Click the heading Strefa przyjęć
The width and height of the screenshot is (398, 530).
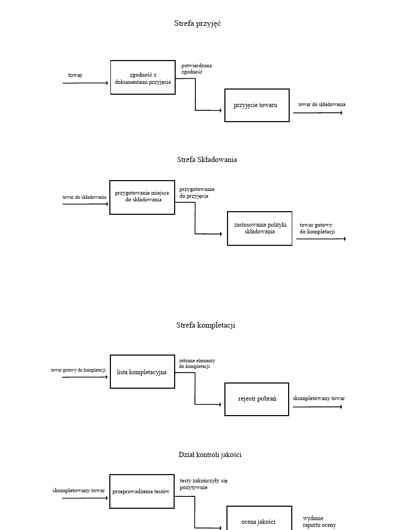(x=197, y=23)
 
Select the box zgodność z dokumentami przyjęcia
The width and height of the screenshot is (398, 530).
(x=143, y=78)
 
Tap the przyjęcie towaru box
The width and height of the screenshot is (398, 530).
(x=257, y=105)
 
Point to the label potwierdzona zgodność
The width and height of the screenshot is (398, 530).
(x=196, y=69)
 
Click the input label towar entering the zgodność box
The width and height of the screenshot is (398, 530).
(x=75, y=76)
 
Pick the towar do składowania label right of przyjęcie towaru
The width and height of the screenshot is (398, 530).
(x=321, y=105)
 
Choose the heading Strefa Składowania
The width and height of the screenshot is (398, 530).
(x=207, y=159)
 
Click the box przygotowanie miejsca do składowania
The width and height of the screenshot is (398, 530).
(x=142, y=197)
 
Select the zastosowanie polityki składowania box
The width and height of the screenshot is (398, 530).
(x=260, y=228)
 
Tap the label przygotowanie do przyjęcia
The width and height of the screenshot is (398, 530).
(x=196, y=193)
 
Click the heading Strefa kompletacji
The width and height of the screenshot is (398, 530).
(x=205, y=325)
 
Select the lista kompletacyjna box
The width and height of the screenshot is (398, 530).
(x=142, y=372)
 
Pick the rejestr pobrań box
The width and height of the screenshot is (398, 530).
(x=257, y=399)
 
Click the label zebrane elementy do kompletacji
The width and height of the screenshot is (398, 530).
(x=197, y=363)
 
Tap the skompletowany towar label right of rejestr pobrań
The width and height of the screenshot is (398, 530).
(x=319, y=399)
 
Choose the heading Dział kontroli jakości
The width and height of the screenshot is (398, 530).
(x=210, y=454)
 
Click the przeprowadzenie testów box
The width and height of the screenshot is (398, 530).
(x=141, y=491)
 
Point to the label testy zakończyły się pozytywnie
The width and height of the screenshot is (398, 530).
(x=203, y=484)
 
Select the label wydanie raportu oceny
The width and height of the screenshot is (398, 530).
(x=319, y=521)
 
